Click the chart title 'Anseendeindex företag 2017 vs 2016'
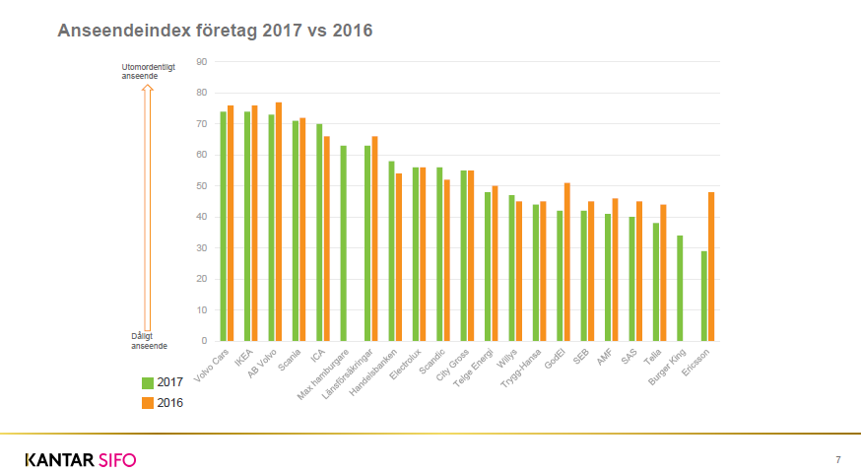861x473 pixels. tap(215, 31)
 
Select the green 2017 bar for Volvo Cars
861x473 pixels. tap(224, 227)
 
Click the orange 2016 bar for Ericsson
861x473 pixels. tap(710, 266)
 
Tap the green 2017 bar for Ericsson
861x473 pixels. tap(703, 296)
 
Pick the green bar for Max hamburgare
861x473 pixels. tap(344, 243)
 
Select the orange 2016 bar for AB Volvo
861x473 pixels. tap(279, 222)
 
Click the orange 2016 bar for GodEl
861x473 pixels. tap(566, 262)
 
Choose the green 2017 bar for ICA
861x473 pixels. tap(319, 233)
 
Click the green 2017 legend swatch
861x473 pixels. tap(148, 382)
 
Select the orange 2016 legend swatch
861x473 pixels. tap(148, 402)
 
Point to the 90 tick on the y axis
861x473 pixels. tap(202, 61)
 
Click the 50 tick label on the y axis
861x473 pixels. tap(202, 185)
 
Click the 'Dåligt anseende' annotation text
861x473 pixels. tap(150, 341)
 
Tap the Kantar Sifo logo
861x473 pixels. tap(81, 459)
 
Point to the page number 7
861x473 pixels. tap(837, 459)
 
